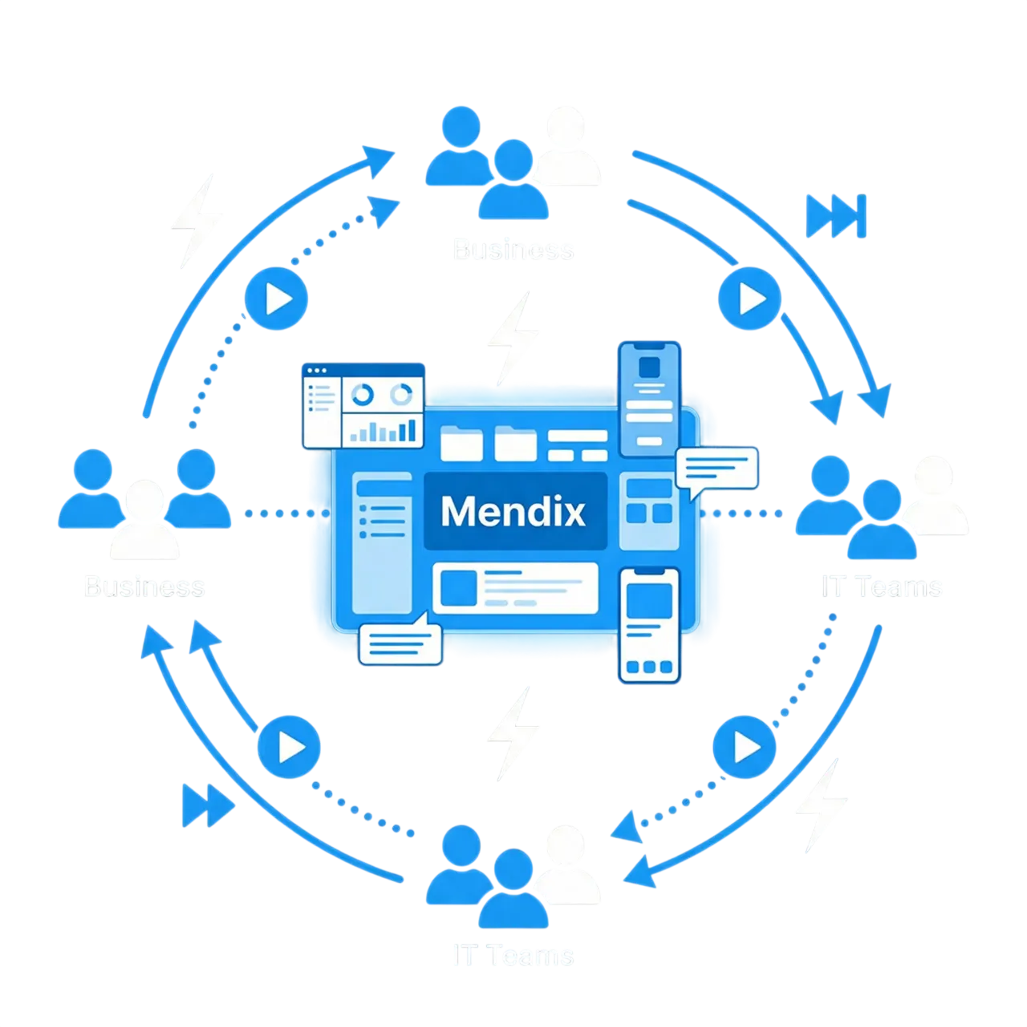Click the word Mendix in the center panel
pyautogui.click(x=513, y=511)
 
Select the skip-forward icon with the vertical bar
pyautogui.click(x=836, y=217)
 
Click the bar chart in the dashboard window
pyautogui.click(x=383, y=430)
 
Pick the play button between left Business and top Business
pyautogui.click(x=277, y=300)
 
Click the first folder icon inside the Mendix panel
pyautogui.click(x=461, y=443)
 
